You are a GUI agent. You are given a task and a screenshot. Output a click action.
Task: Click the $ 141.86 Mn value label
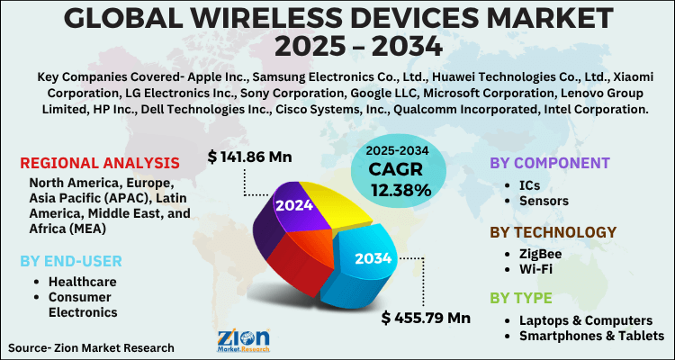point(249,157)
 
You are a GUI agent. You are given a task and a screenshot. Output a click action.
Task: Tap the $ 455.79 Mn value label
point(426,317)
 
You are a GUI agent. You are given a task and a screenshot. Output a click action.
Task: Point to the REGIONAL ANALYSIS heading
point(99,163)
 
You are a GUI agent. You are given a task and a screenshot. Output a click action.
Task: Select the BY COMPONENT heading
point(549,163)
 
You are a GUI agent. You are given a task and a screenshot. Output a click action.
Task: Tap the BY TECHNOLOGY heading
point(553,232)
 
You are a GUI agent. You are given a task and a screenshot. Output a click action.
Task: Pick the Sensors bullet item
point(545,202)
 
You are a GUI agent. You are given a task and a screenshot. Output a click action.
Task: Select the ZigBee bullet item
point(544,253)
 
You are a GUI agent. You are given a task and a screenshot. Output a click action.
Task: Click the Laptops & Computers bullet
point(586,319)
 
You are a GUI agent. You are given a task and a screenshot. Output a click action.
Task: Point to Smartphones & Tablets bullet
point(591,336)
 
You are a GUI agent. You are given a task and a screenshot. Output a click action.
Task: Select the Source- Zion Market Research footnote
point(91,346)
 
